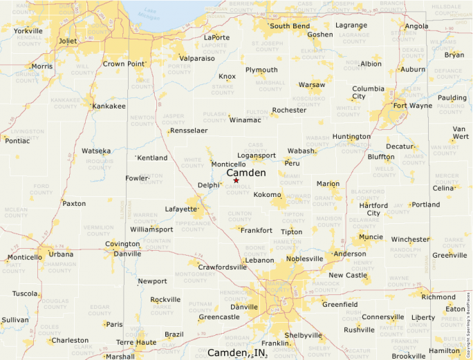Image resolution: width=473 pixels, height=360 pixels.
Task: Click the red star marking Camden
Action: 236,180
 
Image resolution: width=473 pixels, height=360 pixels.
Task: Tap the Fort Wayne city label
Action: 413,106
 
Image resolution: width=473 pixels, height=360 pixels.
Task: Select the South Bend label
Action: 290,26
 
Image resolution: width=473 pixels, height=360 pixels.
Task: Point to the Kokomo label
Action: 268,195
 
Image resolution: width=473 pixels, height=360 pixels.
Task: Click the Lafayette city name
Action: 180,209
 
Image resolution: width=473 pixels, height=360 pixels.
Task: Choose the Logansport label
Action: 257,155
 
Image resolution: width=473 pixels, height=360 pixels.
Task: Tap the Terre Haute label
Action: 136,342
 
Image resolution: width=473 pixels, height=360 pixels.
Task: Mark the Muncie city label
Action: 371,237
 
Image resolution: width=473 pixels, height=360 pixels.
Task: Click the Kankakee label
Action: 109,106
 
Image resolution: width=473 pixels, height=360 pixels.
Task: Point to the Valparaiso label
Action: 197,59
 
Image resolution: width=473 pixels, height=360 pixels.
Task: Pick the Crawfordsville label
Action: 222,267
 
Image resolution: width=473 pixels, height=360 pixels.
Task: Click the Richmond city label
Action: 438,297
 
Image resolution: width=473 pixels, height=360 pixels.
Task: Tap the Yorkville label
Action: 28,31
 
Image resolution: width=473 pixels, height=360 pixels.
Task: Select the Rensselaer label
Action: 189,131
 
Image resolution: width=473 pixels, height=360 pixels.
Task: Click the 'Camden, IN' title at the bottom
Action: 237,353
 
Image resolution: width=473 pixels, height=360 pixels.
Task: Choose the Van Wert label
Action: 460,132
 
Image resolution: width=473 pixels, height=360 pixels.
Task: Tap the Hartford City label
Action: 373,209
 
